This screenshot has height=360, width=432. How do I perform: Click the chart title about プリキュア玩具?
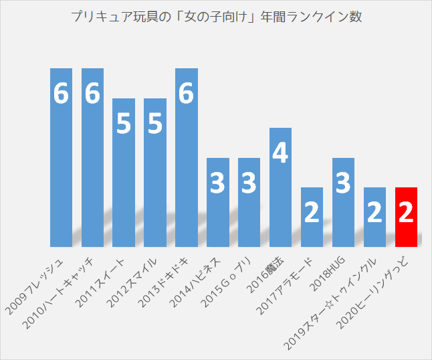click(216, 17)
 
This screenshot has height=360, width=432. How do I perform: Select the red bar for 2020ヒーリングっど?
click(406, 217)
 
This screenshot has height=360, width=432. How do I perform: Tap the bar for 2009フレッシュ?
click(61, 157)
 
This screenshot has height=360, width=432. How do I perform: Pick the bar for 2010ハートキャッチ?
click(92, 157)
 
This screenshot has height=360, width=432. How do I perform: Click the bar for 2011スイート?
click(124, 172)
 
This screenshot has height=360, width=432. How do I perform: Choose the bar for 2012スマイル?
click(155, 172)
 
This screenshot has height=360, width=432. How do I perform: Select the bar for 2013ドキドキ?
click(187, 157)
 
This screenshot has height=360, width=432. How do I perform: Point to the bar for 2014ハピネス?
click(218, 202)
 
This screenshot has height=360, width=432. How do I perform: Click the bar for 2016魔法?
click(281, 187)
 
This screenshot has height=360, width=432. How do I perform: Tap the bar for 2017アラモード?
click(312, 217)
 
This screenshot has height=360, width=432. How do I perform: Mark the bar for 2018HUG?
click(343, 202)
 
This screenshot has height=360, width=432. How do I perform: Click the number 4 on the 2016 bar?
click(281, 154)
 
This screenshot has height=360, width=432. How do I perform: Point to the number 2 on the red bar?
click(406, 213)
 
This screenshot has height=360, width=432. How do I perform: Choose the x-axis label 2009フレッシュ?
click(37, 285)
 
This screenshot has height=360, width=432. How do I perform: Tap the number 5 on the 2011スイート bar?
click(124, 124)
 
